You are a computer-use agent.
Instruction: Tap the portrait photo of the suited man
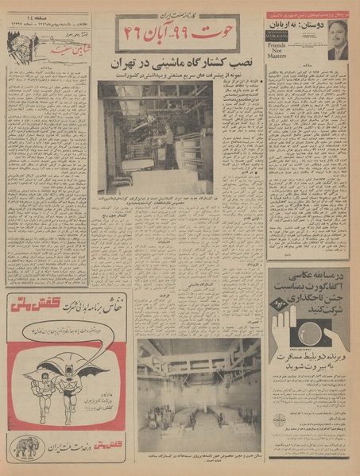click(x=338, y=41)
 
